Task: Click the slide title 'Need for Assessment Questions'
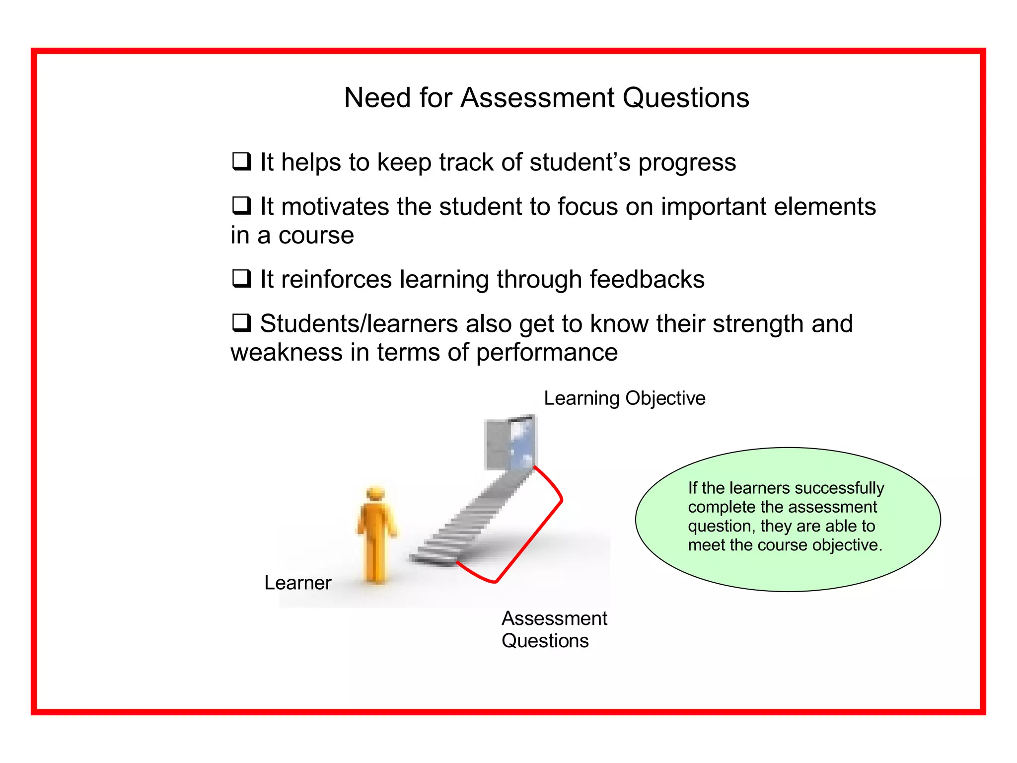pyautogui.click(x=546, y=97)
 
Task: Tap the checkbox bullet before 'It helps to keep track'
pyautogui.click(x=241, y=161)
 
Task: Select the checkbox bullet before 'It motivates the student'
pyautogui.click(x=241, y=205)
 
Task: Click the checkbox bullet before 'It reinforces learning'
pyautogui.click(x=241, y=278)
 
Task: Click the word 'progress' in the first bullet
pyautogui.click(x=687, y=163)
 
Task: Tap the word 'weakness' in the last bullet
pyautogui.click(x=287, y=352)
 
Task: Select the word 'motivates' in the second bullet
pyautogui.click(x=335, y=207)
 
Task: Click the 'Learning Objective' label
pyautogui.click(x=624, y=398)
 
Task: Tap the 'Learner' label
pyautogui.click(x=297, y=583)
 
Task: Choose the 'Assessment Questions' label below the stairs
pyautogui.click(x=554, y=629)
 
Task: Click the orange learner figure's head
pyautogui.click(x=375, y=494)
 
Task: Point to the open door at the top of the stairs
pyautogui.click(x=510, y=442)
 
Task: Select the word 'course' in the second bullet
pyautogui.click(x=316, y=235)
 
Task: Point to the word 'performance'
pyautogui.click(x=547, y=353)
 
